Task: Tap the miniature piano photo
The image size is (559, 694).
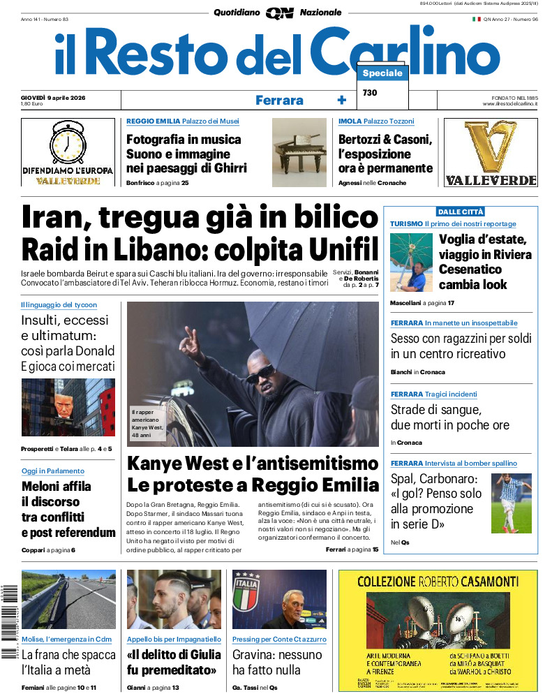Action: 299,152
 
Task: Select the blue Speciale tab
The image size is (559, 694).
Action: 382,73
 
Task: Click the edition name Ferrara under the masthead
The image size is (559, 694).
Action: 279,100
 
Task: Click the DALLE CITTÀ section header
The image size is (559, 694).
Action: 460,212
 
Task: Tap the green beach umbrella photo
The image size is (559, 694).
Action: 411,262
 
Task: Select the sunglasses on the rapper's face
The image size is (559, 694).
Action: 260,374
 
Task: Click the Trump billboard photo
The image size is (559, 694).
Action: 68,407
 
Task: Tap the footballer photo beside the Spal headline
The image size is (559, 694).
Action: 511,503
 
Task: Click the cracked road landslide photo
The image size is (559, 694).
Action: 68,599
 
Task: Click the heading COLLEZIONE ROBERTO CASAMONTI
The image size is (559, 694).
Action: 438,581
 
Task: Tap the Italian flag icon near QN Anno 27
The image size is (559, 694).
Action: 477,20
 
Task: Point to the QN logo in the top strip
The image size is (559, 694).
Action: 279,13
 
